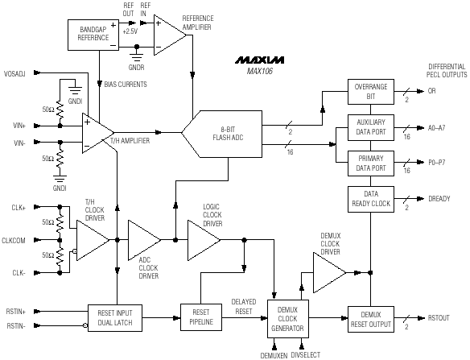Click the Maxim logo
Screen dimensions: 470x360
coord(259,60)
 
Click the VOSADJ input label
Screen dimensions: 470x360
coord(14,74)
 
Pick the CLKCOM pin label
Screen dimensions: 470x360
coord(14,241)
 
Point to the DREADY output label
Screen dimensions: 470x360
coord(439,199)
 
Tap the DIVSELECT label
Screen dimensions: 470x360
coord(306,355)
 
